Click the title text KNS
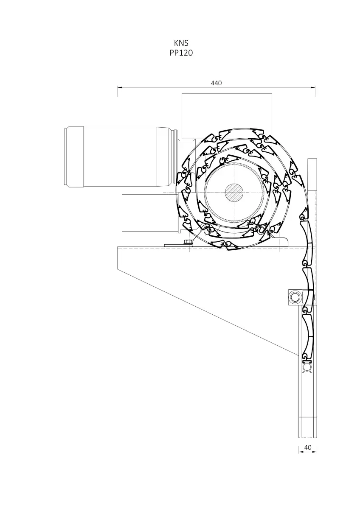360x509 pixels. click(x=181, y=43)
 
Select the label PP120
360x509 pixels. click(x=181, y=53)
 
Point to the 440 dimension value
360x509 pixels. click(x=216, y=83)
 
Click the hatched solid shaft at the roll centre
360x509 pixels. click(x=234, y=193)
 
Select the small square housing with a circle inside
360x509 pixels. click(x=295, y=297)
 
